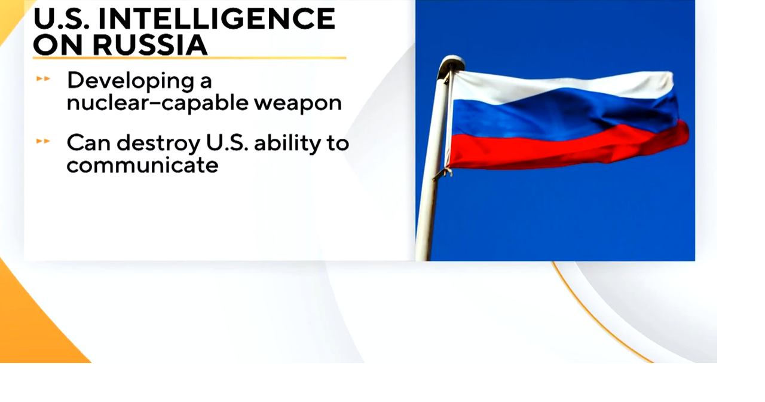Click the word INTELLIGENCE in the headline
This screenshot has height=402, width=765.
[216, 19]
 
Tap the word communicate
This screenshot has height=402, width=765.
[142, 165]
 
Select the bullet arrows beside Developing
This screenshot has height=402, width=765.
[43, 79]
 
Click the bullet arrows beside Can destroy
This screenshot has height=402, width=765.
[43, 142]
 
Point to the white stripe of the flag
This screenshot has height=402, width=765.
[562, 87]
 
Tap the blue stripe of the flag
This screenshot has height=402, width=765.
[562, 117]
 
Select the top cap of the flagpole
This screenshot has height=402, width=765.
[452, 62]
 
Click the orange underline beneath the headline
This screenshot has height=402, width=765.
[189, 58]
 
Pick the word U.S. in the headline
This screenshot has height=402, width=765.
[60, 19]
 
